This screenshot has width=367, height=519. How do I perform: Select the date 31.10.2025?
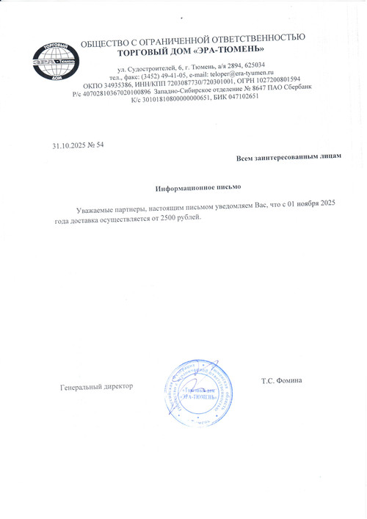tap(68, 145)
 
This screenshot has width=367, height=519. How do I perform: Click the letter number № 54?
tap(96, 145)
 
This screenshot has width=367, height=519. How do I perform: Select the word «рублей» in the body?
tap(189, 219)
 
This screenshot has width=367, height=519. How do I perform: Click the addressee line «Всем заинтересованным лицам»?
tap(288, 158)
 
